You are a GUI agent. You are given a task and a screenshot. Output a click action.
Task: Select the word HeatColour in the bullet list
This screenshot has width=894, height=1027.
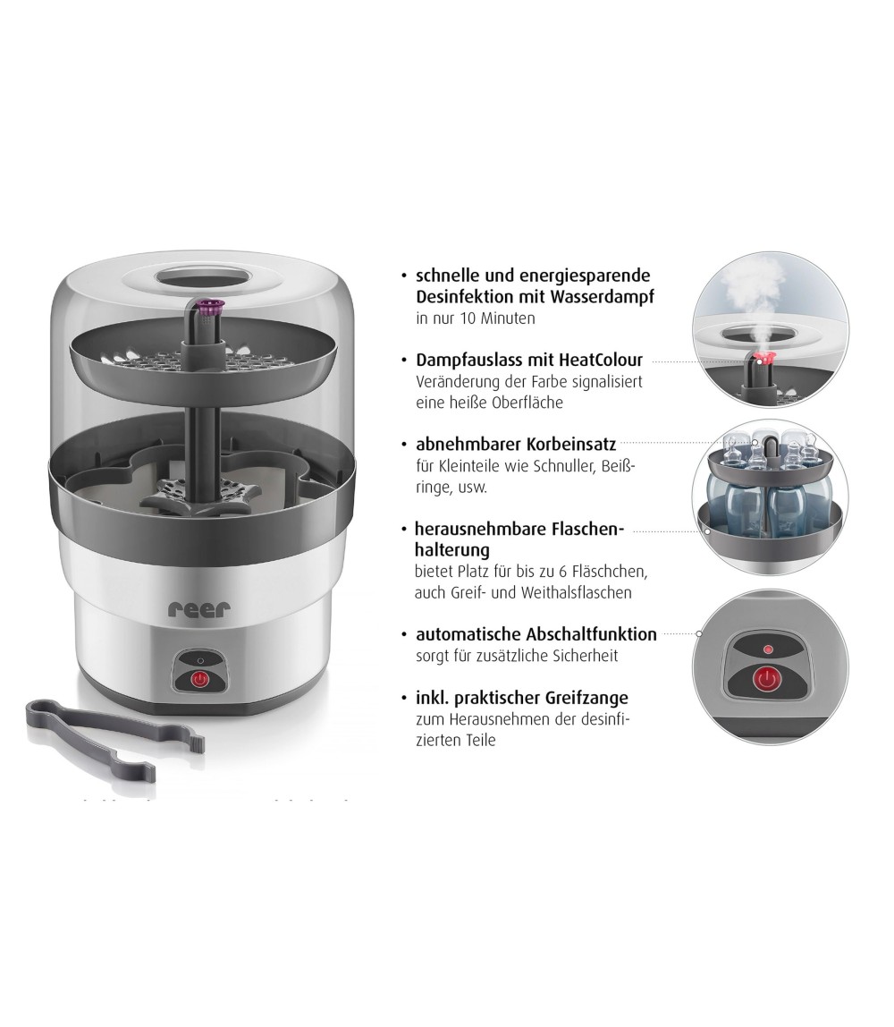(598, 361)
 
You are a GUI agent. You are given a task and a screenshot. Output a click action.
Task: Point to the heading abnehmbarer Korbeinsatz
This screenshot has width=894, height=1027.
(517, 444)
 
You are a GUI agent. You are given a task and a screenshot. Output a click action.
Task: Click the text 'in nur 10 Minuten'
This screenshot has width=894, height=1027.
(475, 318)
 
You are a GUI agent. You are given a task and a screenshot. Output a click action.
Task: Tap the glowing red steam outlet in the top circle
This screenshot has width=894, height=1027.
(763, 361)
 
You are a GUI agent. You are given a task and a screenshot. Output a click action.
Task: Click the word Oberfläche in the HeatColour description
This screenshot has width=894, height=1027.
(525, 403)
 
